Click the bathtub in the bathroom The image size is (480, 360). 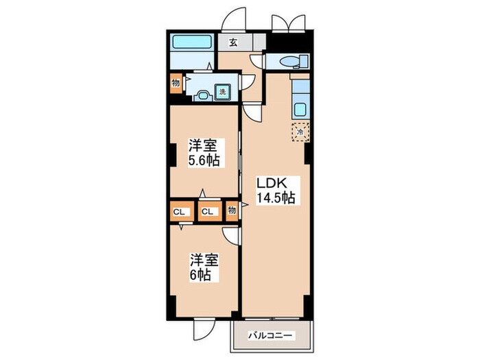[x=192, y=43]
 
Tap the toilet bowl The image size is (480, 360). [x=289, y=62]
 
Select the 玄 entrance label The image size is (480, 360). [x=233, y=43]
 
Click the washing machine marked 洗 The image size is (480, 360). [x=223, y=91]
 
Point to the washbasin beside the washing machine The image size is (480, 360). [x=203, y=95]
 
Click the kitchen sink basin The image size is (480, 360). [x=300, y=110]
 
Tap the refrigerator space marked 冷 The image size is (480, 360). [x=300, y=132]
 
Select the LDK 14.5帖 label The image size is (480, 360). [x=276, y=191]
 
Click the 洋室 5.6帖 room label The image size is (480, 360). [x=204, y=152]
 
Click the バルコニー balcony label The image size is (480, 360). [x=270, y=336]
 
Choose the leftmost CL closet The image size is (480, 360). [x=182, y=211]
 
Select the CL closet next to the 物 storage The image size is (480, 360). [x=210, y=211]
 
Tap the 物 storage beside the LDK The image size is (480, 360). [x=232, y=211]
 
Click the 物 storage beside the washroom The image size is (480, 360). [x=176, y=83]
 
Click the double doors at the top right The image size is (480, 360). [x=289, y=23]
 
